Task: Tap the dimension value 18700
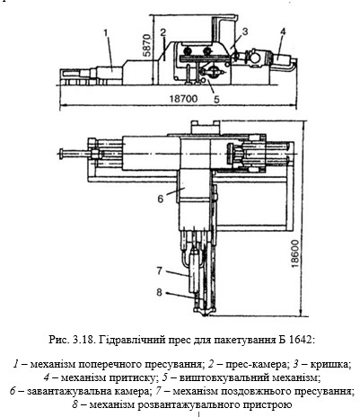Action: click(183, 98)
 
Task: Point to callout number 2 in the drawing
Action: click(163, 32)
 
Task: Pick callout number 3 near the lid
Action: click(245, 31)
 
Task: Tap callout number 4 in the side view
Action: click(283, 31)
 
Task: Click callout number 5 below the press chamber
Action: click(216, 99)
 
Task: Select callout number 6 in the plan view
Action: click(161, 199)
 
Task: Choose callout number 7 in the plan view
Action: click(160, 271)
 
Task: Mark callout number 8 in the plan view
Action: click(160, 292)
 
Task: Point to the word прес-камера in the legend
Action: click(257, 365)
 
